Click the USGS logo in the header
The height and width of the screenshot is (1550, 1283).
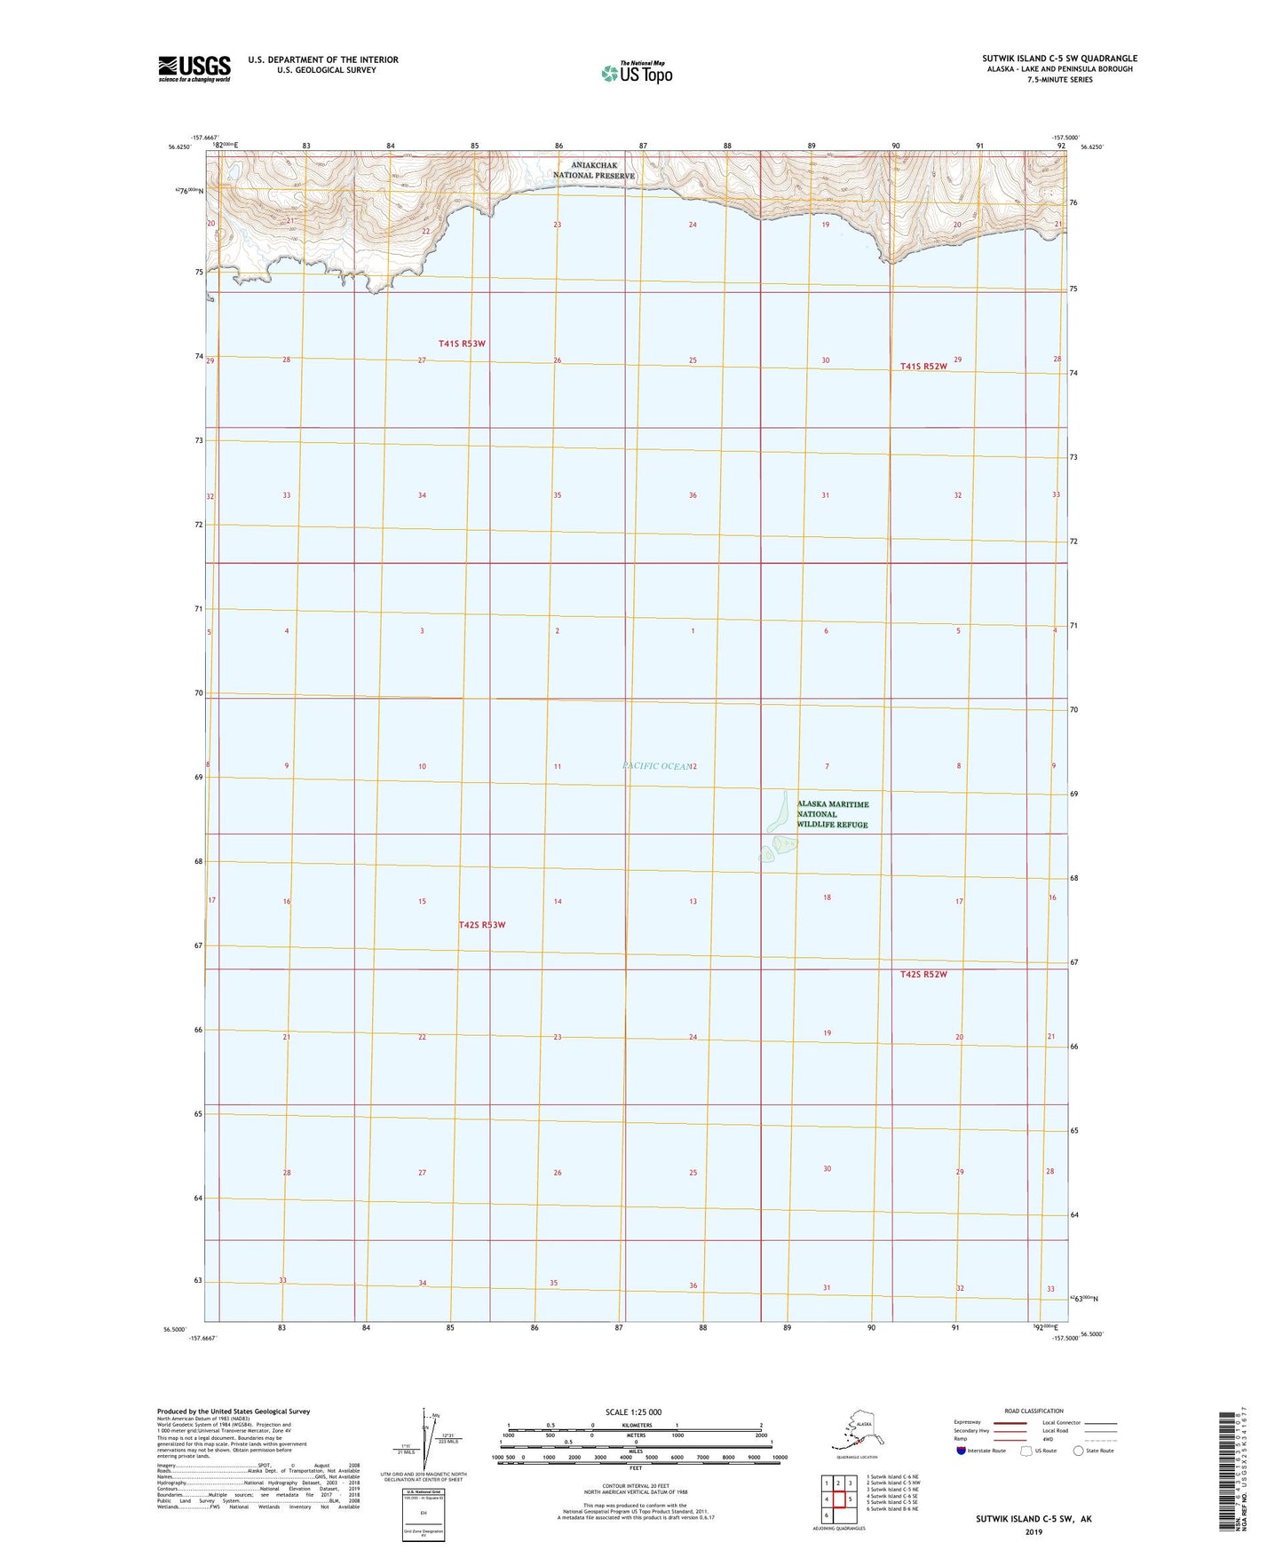coord(194,68)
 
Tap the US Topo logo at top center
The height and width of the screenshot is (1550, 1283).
coord(636,73)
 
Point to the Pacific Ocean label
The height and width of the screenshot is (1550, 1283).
coord(656,765)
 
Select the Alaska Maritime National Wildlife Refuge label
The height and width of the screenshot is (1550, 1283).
coord(832,814)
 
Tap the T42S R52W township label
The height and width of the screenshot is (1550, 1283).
coord(924,974)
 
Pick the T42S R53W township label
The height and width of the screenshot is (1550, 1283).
coord(482,925)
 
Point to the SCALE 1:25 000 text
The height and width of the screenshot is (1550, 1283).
coord(632,1412)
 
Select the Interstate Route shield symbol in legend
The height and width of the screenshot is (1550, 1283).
coord(962,1451)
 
